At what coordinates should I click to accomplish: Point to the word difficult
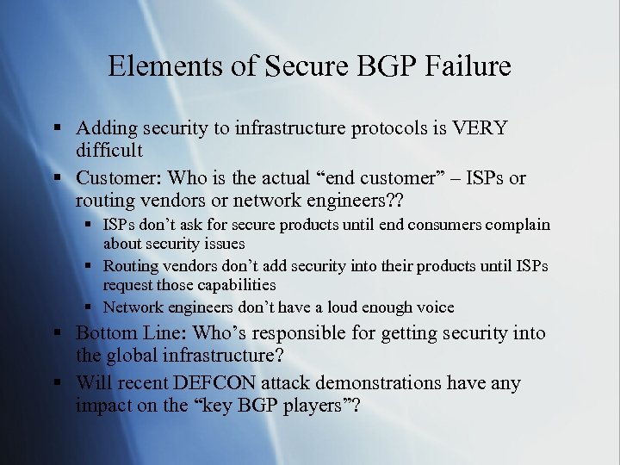click(108, 151)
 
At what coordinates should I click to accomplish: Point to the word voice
click(432, 307)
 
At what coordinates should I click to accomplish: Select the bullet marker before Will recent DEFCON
click(57, 383)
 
